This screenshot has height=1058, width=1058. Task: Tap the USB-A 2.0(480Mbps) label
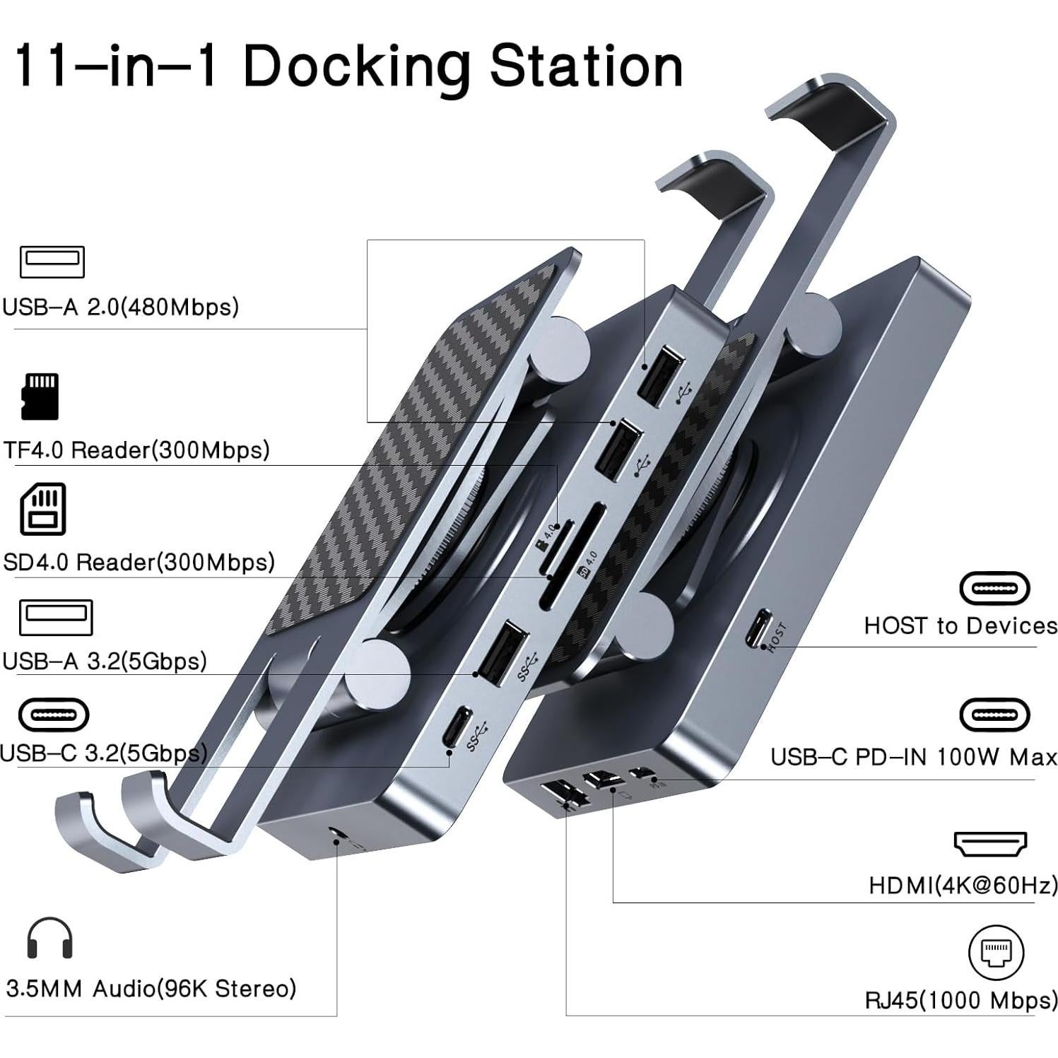pos(120,307)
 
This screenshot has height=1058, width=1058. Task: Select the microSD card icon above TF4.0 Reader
pos(40,396)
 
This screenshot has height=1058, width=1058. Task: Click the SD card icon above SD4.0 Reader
pos(43,509)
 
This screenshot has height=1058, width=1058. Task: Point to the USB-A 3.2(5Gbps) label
pos(105,661)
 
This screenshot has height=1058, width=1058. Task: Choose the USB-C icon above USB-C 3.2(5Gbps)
pos(54,715)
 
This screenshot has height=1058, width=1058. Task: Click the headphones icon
pos(49,938)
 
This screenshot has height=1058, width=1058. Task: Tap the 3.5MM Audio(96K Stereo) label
pos(151,987)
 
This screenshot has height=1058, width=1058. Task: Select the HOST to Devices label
pos(960,625)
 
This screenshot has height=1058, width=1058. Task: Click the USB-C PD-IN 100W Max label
pos(914,757)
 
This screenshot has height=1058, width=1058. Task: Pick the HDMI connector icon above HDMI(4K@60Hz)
pos(990,843)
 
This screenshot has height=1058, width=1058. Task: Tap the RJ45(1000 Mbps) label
pos(961,1000)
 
